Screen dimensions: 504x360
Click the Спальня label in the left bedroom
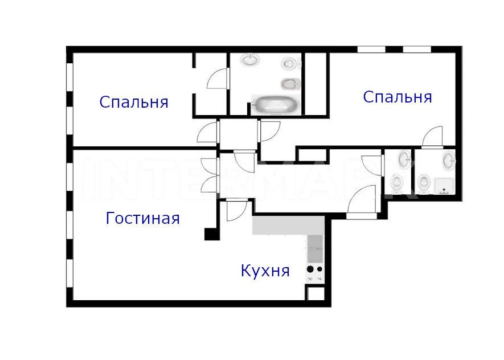(134, 103)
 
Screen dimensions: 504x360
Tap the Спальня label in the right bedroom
(398, 97)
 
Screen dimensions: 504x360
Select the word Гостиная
(143, 218)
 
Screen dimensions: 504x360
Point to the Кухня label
(265, 271)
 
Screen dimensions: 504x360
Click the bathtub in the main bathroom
(276, 104)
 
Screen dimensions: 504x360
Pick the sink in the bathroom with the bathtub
(250, 60)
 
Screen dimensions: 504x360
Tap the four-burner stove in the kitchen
(315, 273)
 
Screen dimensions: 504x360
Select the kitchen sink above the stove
(315, 248)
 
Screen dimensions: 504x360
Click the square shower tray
(444, 186)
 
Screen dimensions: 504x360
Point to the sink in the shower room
(449, 161)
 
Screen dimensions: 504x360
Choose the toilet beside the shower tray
(424, 184)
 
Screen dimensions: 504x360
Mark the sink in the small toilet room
(405, 159)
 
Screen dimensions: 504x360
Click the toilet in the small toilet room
(397, 184)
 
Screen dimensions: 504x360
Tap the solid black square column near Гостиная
(212, 234)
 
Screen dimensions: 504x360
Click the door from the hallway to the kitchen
(236, 211)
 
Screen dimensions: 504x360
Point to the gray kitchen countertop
(288, 226)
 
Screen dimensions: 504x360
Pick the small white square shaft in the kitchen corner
(315, 293)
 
